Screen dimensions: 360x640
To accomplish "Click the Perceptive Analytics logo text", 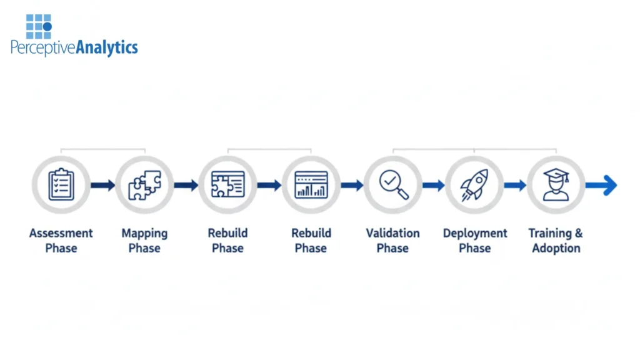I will point(74,47).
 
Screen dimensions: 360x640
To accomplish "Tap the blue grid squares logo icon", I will point(38,27).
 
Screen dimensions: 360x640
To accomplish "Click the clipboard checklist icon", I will point(61,185).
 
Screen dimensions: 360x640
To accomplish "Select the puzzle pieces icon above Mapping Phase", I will point(144,185).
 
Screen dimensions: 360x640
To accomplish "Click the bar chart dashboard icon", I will point(311,185).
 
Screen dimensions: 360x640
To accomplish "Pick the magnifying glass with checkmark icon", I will point(393,185).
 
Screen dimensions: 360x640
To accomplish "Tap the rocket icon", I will point(474,185).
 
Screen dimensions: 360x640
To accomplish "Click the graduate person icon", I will point(556,185).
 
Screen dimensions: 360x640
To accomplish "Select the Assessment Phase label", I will point(61,241).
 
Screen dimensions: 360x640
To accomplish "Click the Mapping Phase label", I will point(144,241).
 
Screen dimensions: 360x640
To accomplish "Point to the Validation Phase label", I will point(392,241).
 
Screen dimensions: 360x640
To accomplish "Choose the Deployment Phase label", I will point(475,241).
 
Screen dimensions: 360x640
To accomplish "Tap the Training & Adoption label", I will point(556,241).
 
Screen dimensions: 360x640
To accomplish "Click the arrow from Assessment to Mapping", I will point(102,185).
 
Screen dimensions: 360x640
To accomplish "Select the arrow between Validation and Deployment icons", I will point(433,185).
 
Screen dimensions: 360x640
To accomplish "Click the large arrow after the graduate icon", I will point(601,185).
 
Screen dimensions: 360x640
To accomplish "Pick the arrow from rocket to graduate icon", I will point(515,185).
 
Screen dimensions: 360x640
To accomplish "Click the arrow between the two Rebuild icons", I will point(269,185).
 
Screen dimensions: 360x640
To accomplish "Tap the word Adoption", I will point(556,248).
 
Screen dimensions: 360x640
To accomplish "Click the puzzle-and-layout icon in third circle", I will point(227,185).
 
